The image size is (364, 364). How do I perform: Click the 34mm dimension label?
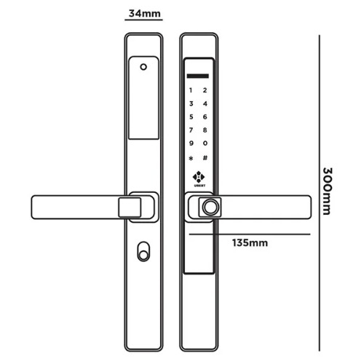click(x=144, y=13)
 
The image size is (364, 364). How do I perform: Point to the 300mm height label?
click(x=328, y=191)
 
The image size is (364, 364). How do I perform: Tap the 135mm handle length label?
click(x=250, y=242)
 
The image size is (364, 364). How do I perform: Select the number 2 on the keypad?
click(x=205, y=90)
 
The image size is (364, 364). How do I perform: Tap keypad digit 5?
click(x=191, y=116)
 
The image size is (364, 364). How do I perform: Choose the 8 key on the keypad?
click(x=205, y=130)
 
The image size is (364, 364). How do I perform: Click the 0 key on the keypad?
click(x=205, y=143)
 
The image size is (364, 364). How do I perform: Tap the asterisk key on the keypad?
click(x=191, y=159)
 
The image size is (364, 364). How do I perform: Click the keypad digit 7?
click(x=191, y=130)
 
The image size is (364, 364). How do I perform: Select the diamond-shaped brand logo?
click(x=199, y=177)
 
